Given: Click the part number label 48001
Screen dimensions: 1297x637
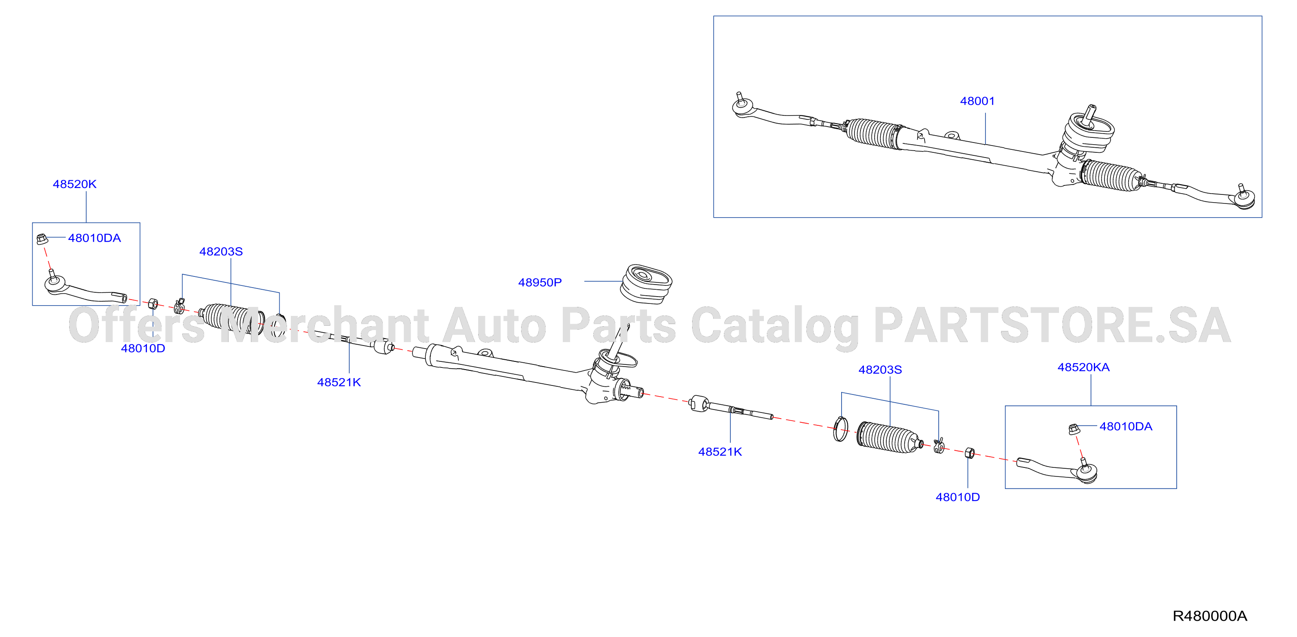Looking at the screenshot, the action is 977,101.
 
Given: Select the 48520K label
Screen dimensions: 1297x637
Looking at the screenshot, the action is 74,184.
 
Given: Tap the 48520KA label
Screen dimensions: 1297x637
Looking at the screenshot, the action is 1083,367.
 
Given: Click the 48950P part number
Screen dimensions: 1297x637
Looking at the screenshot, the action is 540,282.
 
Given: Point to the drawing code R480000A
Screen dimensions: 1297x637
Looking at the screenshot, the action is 1210,616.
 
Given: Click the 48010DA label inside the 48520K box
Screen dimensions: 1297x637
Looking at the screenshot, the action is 95,238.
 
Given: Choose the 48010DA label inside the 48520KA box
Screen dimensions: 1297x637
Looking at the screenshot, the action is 1126,427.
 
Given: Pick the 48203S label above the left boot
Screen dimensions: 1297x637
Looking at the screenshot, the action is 221,252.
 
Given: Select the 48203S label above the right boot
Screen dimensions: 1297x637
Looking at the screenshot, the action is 880,370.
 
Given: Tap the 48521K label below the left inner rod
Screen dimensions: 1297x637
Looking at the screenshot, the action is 339,382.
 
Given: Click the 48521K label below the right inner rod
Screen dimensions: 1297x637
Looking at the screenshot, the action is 720,452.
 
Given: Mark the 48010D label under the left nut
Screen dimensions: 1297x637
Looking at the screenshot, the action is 143,348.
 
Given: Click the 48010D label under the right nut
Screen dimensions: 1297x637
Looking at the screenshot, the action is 958,497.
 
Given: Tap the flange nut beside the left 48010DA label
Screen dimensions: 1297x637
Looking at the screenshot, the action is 42,239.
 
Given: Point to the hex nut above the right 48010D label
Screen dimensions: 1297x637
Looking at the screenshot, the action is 969,453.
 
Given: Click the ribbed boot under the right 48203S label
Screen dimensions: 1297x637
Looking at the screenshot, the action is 889,437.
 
